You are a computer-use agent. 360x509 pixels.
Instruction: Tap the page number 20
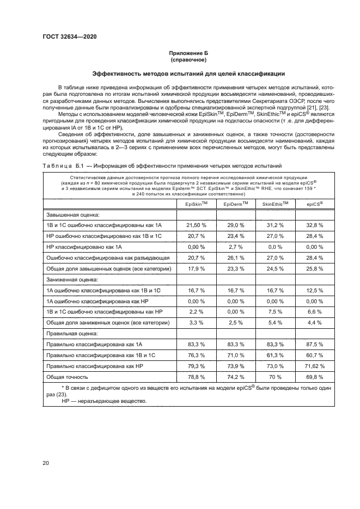click(46, 463)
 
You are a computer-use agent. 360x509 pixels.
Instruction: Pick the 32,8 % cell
click(314, 224)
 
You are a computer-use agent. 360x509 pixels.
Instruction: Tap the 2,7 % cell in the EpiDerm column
click(236, 246)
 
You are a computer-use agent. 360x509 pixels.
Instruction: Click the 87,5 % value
click(314, 344)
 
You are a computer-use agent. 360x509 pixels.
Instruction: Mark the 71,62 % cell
click(314, 365)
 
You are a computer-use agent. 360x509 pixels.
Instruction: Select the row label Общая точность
click(67, 376)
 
